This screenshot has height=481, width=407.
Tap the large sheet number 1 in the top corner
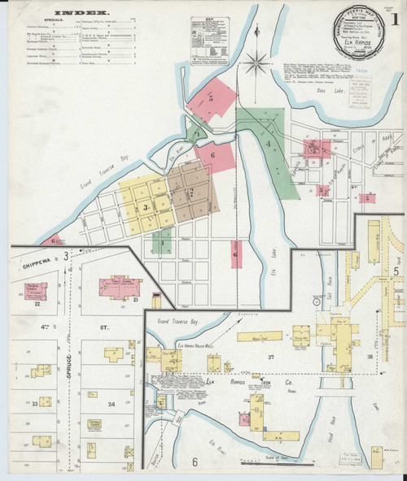point(394,18)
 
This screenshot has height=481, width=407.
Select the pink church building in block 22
point(37,290)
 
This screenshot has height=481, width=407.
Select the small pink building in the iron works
point(242,418)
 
